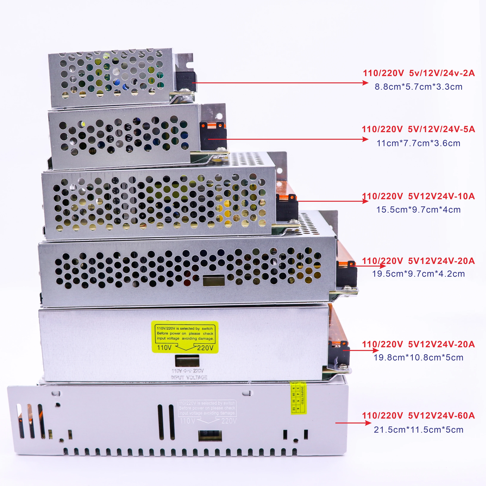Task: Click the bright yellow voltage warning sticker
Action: coord(185,337)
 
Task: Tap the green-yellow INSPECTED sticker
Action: coord(298,398)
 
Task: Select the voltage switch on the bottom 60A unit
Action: coord(210,436)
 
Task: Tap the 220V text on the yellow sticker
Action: coord(205,348)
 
